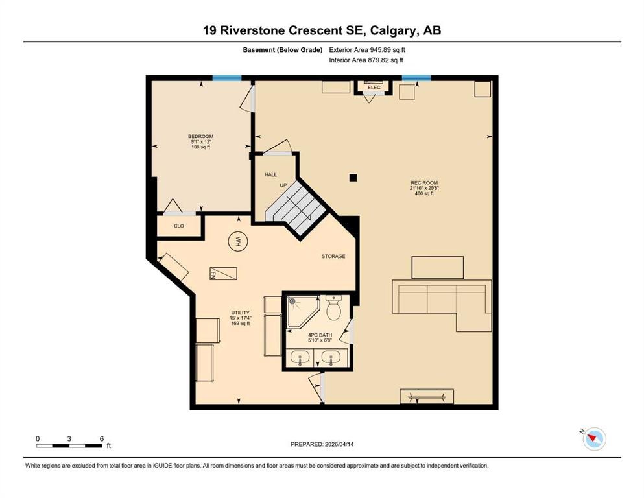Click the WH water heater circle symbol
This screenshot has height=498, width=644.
(237, 242)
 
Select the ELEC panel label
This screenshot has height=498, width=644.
(374, 87)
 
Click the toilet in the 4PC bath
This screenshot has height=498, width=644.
(335, 308)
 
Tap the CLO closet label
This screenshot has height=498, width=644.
(178, 226)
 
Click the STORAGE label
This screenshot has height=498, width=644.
(333, 256)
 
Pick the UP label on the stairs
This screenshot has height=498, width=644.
(283, 185)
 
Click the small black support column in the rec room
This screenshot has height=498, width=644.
(353, 177)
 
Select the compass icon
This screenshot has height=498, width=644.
(593, 439)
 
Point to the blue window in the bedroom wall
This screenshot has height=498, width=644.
(227, 78)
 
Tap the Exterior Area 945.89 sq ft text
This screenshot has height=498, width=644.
(368, 49)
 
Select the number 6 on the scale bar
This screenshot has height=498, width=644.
(102, 438)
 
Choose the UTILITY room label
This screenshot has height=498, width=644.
(241, 313)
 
